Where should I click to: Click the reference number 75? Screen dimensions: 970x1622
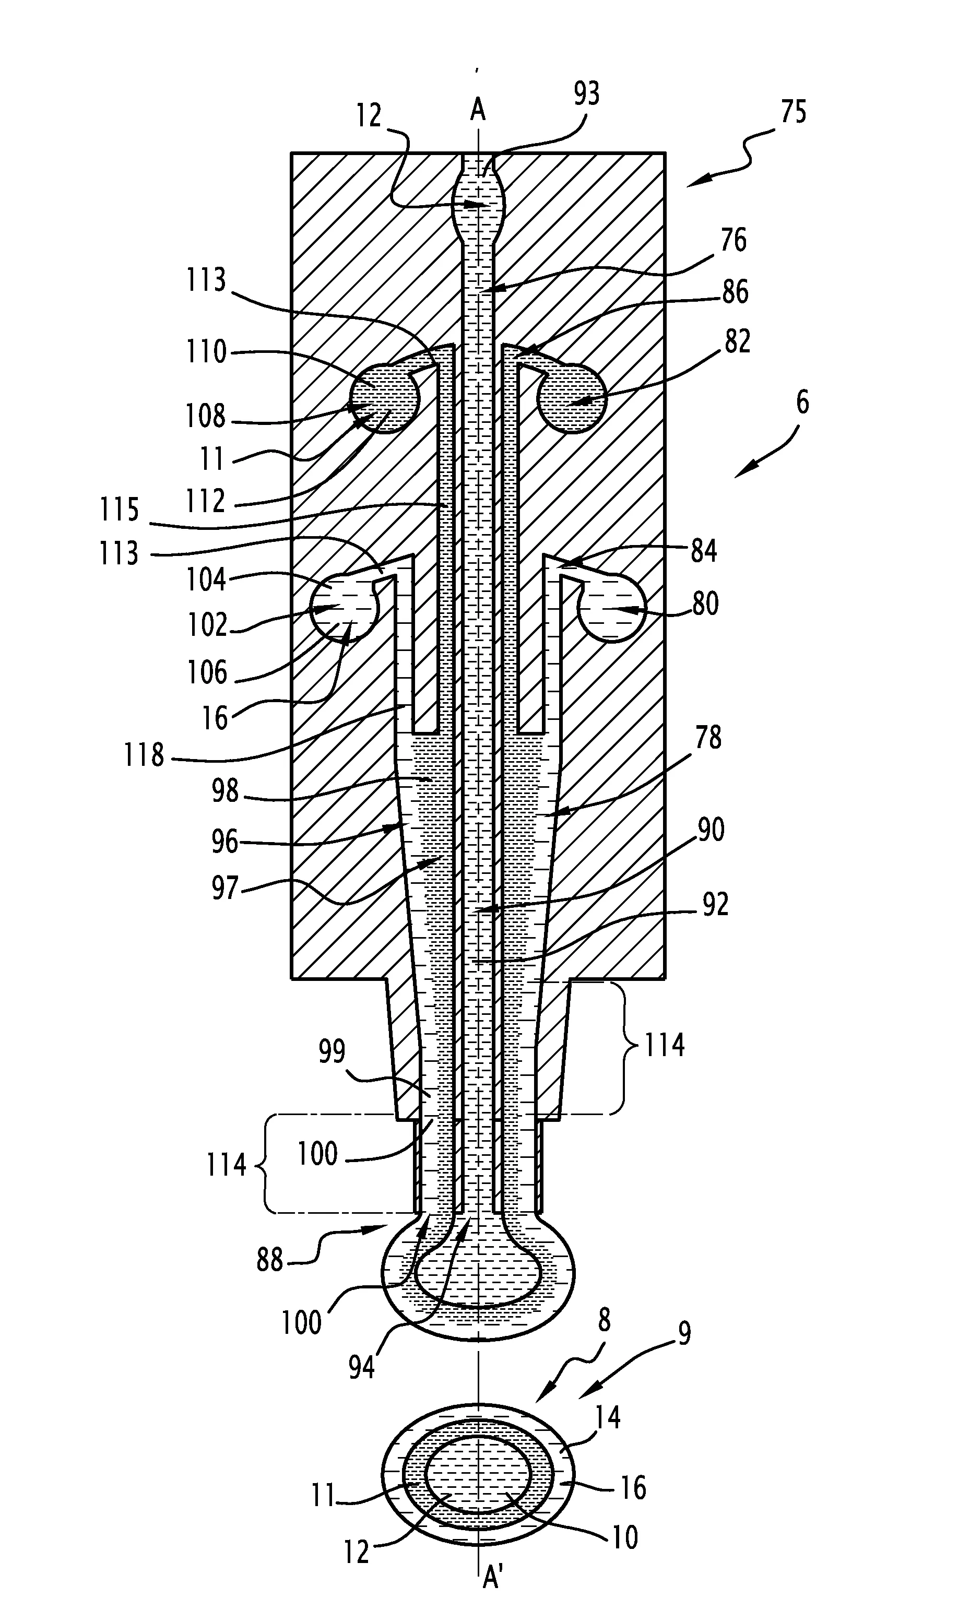793,112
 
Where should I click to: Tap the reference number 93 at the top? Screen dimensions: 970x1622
586,94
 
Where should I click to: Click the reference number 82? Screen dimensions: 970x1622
737,341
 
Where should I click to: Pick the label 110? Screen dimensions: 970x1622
207,351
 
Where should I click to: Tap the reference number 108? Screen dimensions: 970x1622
205,416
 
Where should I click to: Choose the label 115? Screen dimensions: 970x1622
120,510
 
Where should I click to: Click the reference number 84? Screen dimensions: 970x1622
703,551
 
